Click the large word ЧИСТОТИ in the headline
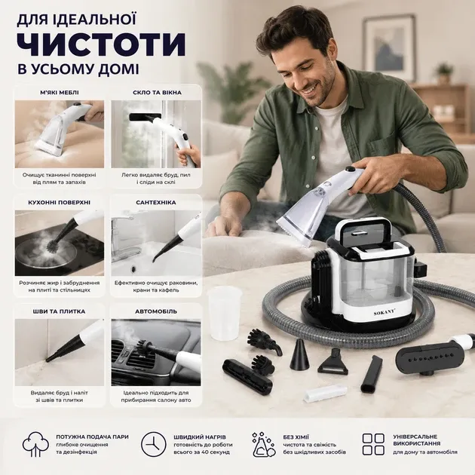click(x=101, y=44)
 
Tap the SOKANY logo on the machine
click(x=385, y=313)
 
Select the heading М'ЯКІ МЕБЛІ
click(x=60, y=93)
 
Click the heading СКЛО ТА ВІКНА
click(x=157, y=93)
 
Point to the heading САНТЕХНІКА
click(x=156, y=202)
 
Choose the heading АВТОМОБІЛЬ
click(x=156, y=311)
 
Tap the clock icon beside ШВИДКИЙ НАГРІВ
click(x=153, y=444)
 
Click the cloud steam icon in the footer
click(x=35, y=444)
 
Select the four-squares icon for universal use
click(x=373, y=444)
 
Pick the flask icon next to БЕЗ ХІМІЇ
click(x=263, y=445)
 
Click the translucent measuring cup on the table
click(x=225, y=313)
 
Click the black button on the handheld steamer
click(x=350, y=170)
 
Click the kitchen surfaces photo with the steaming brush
click(x=60, y=243)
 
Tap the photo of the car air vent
click(x=156, y=352)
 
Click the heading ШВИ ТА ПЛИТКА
click(x=59, y=311)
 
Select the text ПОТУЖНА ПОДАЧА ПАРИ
click(x=92, y=437)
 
